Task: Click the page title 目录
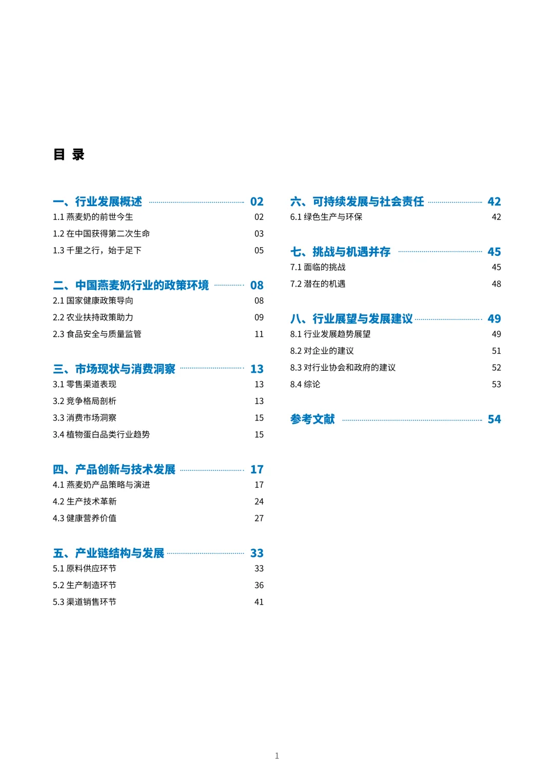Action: [x=69, y=154]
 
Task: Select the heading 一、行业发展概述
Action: [x=97, y=202]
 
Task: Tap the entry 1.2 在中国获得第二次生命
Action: [x=101, y=234]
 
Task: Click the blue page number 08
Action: [x=256, y=285]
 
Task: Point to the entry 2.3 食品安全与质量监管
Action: [x=97, y=334]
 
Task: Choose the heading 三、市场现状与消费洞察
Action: [x=114, y=369]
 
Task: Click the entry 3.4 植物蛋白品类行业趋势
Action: [x=101, y=435]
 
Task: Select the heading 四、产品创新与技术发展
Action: [x=114, y=470]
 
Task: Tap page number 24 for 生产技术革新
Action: [x=259, y=501]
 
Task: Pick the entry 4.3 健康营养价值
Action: [x=85, y=518]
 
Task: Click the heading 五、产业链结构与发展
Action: [x=108, y=553]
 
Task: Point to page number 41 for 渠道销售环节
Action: [x=259, y=602]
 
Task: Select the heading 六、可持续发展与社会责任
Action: [x=357, y=202]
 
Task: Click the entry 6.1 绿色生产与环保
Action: [x=326, y=217]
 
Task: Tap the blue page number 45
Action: [x=494, y=252]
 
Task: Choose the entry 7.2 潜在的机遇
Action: [x=318, y=284]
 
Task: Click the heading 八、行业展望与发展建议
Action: [x=351, y=319]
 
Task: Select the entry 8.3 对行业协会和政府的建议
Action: [x=343, y=368]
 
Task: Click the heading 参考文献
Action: [x=312, y=419]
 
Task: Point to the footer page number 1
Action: [x=277, y=756]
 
